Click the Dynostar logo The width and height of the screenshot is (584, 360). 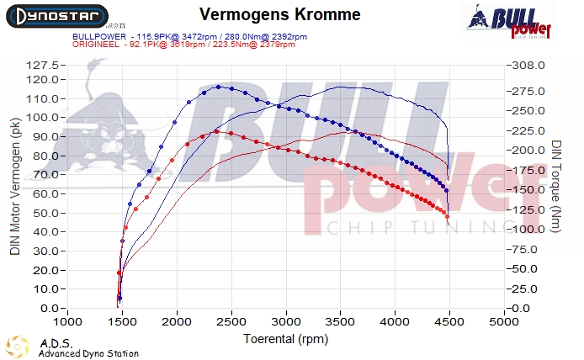coord(56,16)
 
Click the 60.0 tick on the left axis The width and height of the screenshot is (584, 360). coord(44,193)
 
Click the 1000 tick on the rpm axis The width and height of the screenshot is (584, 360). coord(68,322)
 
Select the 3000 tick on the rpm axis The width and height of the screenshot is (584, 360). coord(285,322)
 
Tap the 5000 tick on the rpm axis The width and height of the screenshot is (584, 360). coord(503,322)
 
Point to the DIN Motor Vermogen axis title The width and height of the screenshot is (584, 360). coord(15,187)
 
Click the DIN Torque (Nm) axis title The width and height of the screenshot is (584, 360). coord(556,187)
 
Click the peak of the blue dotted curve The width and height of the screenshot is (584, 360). coord(219,86)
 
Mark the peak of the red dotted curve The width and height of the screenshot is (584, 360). coord(216,131)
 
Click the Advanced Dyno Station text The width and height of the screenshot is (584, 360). coord(88,353)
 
